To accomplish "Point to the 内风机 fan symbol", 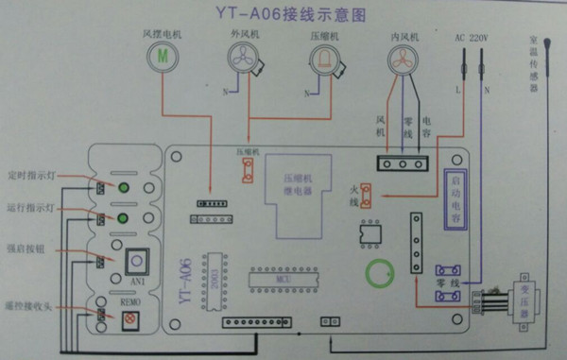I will pyautogui.click(x=404, y=60).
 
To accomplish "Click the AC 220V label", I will pyautogui.click(x=472, y=37).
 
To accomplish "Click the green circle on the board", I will pyautogui.click(x=381, y=275).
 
